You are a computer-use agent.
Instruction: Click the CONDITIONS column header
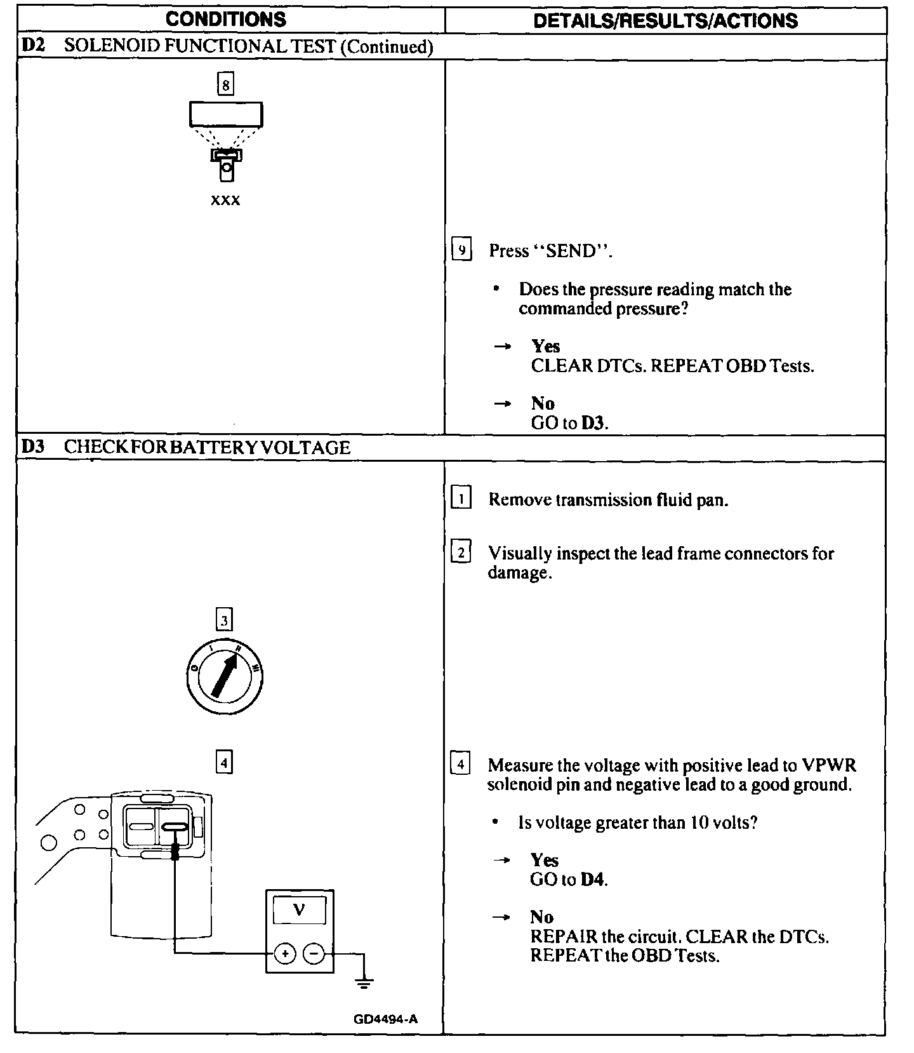[x=226, y=19]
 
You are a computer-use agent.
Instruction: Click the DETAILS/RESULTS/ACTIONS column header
[x=665, y=20]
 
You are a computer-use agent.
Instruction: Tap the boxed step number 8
[x=225, y=84]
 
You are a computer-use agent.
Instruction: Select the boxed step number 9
[x=461, y=250]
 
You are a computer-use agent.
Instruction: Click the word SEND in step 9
[x=571, y=252]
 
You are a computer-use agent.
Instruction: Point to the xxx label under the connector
[x=225, y=200]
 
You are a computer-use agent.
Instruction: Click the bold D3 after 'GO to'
[x=593, y=423]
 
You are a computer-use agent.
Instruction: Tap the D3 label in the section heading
[x=33, y=447]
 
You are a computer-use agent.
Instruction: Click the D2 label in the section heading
[x=33, y=46]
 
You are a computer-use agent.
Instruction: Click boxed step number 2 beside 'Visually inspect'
[x=461, y=553]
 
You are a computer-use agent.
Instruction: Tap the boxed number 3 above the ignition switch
[x=225, y=619]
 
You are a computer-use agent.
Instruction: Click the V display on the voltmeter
[x=299, y=911]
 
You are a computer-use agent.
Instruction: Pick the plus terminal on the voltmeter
[x=285, y=953]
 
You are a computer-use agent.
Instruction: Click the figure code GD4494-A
[x=386, y=1019]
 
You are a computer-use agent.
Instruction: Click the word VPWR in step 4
[x=829, y=765]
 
